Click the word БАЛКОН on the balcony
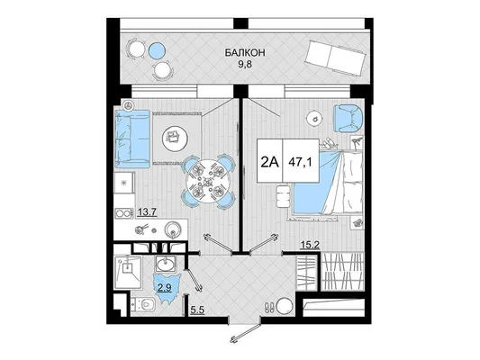coord(245,52)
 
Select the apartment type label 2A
coord(269,162)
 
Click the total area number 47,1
coord(300,162)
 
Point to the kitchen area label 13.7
coord(148,211)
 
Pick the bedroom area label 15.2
coord(310,245)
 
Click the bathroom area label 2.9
coord(165,288)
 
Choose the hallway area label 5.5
coord(197,310)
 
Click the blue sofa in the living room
coord(132,139)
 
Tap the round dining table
coord(209,182)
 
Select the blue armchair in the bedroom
coord(348,119)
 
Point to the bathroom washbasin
coord(166,264)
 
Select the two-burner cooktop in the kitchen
coord(123,213)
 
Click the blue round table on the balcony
coord(157,50)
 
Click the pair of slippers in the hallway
coord(270,307)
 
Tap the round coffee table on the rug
coord(175,139)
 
